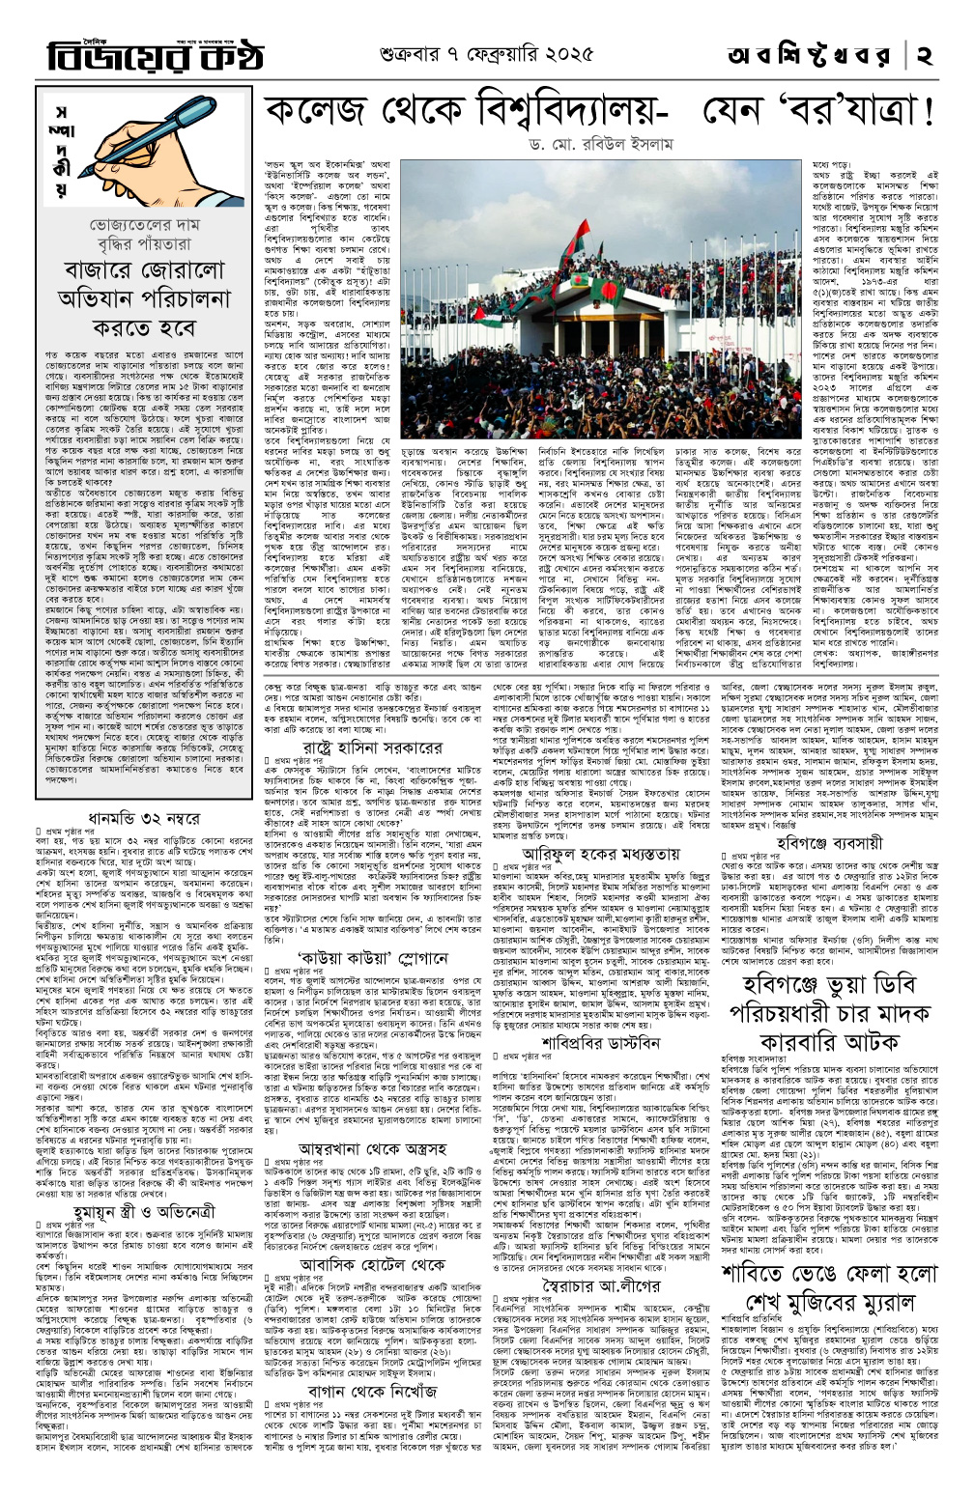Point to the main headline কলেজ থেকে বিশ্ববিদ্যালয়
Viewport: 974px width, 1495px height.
point(599,113)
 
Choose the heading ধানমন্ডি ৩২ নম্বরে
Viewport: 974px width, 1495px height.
point(144,818)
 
